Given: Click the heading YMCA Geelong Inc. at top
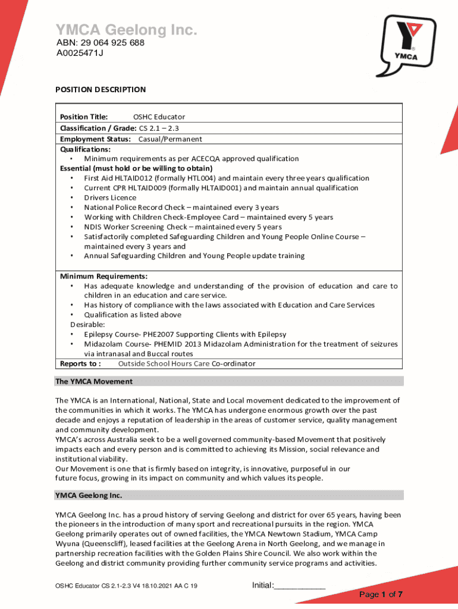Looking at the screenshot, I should pos(126,30).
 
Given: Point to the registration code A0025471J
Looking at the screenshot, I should pos(80,53).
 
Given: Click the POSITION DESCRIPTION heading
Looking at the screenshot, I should pos(101,90).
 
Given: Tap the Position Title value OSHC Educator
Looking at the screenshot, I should pos(159,117).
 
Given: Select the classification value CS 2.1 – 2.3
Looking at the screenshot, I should pos(159,128).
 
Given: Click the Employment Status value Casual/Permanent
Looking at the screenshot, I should pos(170,139).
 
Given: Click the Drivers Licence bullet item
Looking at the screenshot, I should pos(110,197).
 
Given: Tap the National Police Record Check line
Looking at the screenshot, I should pos(181,208).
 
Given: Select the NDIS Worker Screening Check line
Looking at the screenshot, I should pos(183,227).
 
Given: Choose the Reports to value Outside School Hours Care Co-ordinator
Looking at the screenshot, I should pos(187,363).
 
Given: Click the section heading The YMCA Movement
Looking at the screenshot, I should pos(94,381).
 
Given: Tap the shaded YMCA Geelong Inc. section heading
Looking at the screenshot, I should pos(89,495).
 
